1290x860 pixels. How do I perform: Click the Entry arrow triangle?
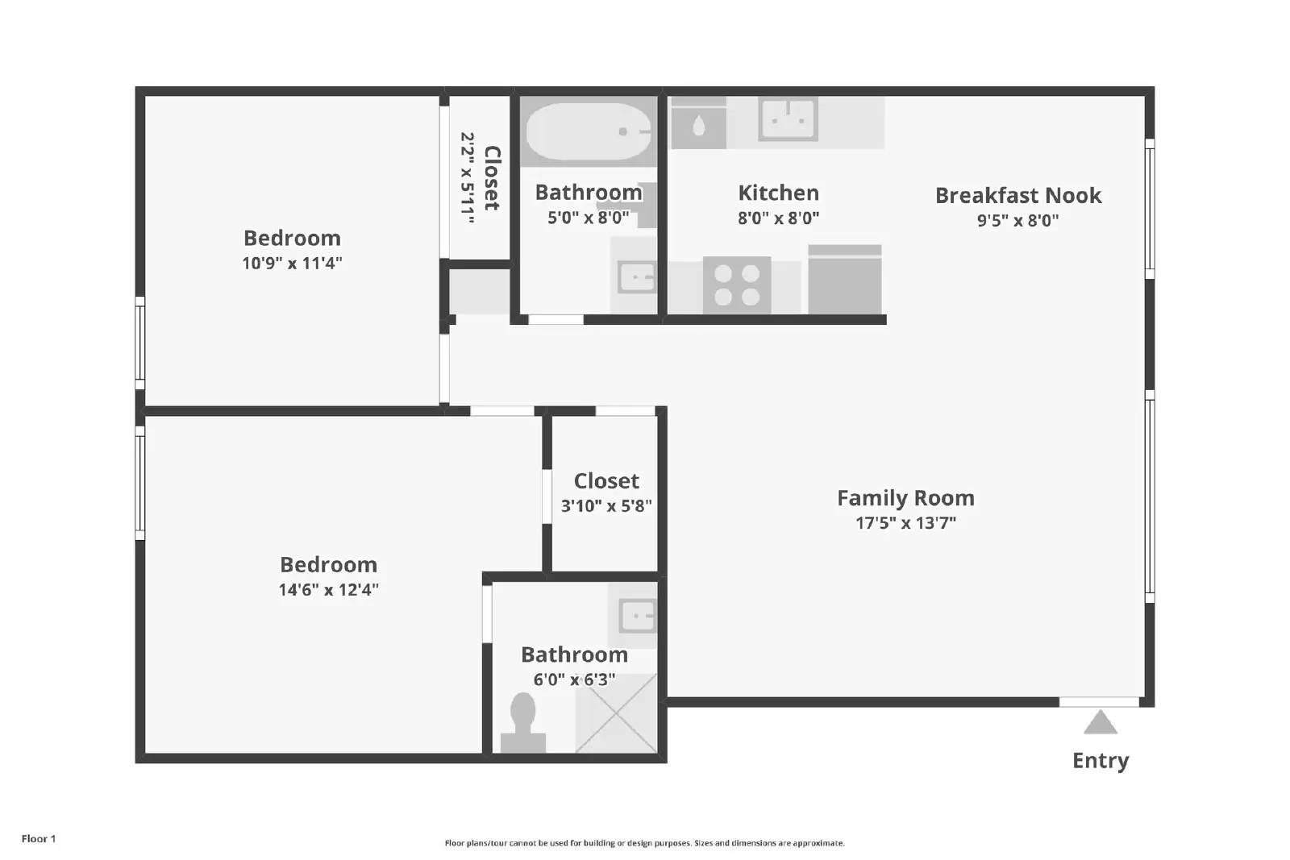pyautogui.click(x=1100, y=724)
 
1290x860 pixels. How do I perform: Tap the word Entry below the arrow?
pyautogui.click(x=1100, y=760)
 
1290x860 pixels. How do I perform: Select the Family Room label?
pyautogui.click(x=905, y=498)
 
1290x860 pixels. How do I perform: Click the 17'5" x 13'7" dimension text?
pyautogui.click(x=905, y=523)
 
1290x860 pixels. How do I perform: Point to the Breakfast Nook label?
pyautogui.click(x=1017, y=195)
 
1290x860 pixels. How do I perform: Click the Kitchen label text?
pyautogui.click(x=778, y=193)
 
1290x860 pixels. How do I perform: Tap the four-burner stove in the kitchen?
pyautogui.click(x=737, y=285)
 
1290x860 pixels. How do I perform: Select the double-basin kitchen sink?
pyautogui.click(x=788, y=120)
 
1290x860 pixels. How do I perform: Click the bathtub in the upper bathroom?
pyautogui.click(x=589, y=131)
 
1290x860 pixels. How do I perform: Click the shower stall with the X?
pyautogui.click(x=616, y=714)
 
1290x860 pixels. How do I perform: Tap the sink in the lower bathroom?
pyautogui.click(x=636, y=617)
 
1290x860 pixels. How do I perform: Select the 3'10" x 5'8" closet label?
pyautogui.click(x=606, y=481)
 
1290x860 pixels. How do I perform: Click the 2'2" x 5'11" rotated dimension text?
pyautogui.click(x=467, y=178)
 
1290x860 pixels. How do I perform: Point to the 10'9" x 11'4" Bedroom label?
pyautogui.click(x=292, y=239)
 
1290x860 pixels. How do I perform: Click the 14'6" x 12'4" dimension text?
pyautogui.click(x=328, y=590)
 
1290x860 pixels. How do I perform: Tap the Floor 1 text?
pyautogui.click(x=39, y=838)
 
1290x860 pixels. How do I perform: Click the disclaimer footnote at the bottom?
pyautogui.click(x=644, y=843)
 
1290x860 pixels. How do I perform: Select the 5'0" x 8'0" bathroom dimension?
pyautogui.click(x=588, y=218)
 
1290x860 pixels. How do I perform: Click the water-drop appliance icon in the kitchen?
pyautogui.click(x=698, y=126)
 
